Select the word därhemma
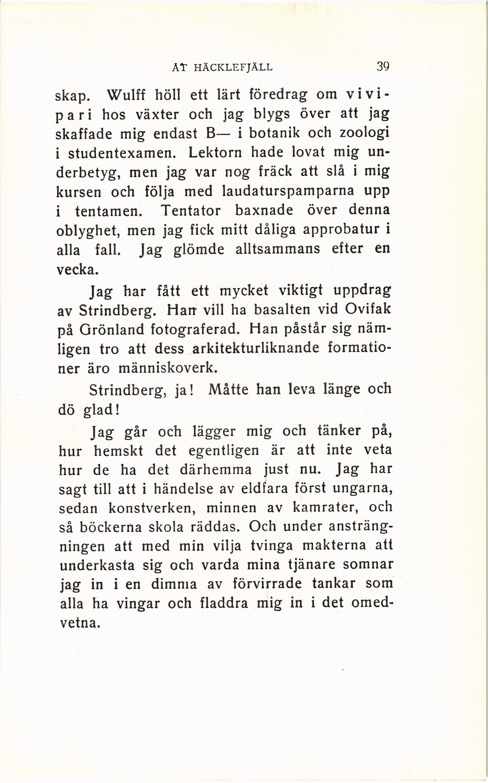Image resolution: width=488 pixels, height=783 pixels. (x=215, y=470)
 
